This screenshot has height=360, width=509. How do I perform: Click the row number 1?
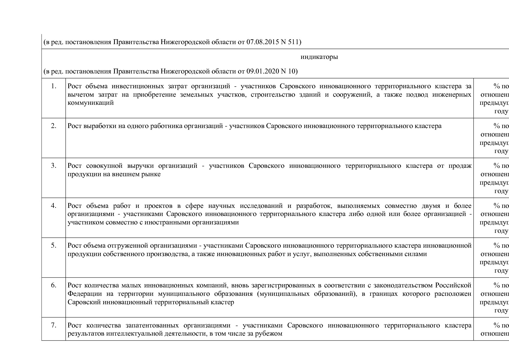(x=53, y=86)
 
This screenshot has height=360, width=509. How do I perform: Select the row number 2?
(x=53, y=126)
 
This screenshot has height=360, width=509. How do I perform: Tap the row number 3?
(x=53, y=166)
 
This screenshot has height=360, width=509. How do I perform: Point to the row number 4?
(x=53, y=206)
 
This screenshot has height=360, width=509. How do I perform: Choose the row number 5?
(x=53, y=246)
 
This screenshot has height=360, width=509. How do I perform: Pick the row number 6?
(x=53, y=285)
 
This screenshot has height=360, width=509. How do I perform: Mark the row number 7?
(x=53, y=325)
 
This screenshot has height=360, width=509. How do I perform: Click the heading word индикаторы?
(x=319, y=57)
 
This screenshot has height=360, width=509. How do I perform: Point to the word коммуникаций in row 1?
(x=91, y=103)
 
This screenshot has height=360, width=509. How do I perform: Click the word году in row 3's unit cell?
(x=501, y=191)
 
